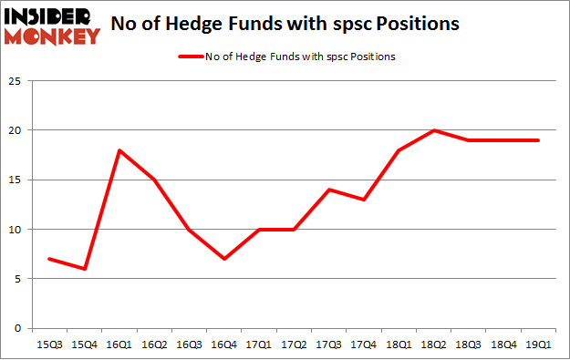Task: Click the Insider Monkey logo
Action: pos(51,25)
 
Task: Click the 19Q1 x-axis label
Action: pos(539,345)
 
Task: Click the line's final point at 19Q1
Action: pos(539,139)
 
